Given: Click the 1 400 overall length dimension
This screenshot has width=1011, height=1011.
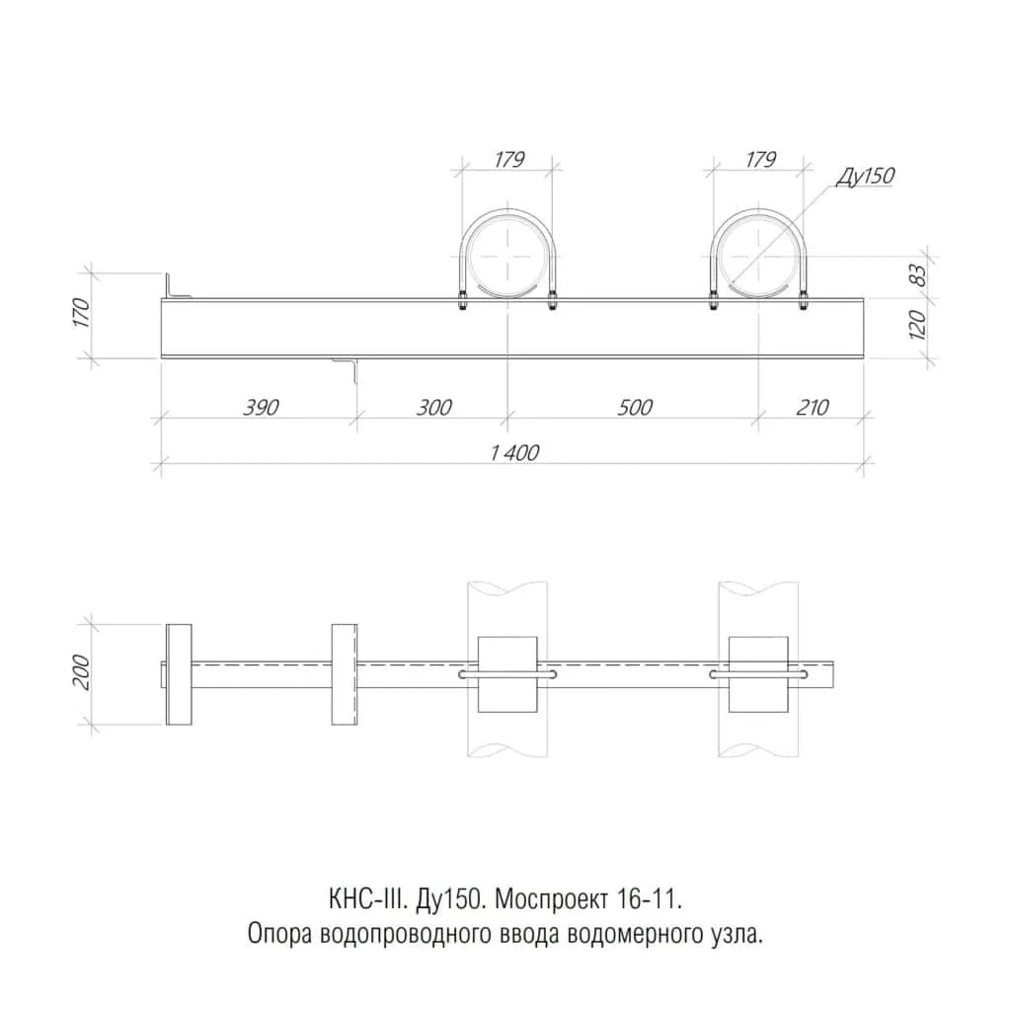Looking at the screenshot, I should tap(513, 452).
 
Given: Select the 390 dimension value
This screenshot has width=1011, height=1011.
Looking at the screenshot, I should tap(259, 407).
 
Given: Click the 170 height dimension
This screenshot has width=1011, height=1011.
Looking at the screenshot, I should tap(81, 313).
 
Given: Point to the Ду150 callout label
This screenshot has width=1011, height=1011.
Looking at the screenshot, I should tap(865, 177).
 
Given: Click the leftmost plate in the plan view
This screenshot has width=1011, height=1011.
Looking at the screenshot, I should tap(179, 674).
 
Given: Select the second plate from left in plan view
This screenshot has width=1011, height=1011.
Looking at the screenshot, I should tap(343, 674).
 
